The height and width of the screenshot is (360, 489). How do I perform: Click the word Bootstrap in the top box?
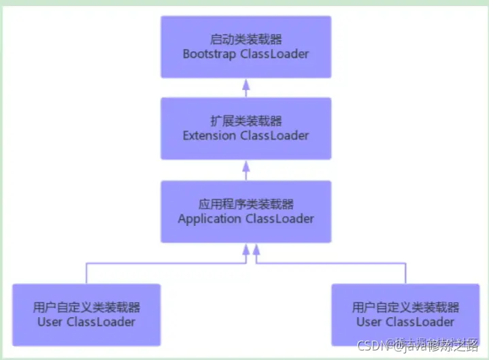point(210,53)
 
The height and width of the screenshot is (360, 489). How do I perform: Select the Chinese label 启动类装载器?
point(246,39)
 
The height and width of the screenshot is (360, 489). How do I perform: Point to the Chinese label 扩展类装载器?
point(246,120)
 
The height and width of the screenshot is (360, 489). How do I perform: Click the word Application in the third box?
point(209,218)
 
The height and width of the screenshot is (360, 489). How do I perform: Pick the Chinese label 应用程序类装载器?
point(246,203)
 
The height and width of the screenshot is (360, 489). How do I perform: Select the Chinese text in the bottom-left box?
point(86,307)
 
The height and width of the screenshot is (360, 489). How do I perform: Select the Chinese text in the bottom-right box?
point(405,307)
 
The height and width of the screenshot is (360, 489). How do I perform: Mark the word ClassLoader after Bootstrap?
point(274,53)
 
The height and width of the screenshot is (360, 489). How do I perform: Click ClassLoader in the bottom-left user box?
point(101,321)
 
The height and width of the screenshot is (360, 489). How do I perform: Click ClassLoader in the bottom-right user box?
point(420,321)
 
